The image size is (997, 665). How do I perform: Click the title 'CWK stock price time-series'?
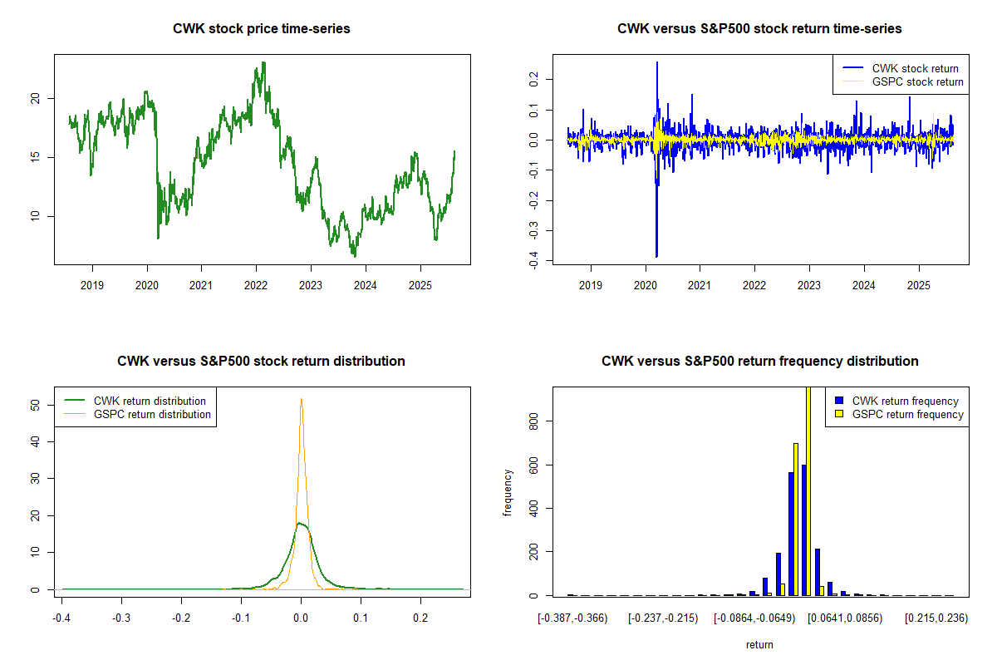pyautogui.click(x=262, y=29)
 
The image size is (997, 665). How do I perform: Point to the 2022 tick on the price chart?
pyautogui.click(x=256, y=284)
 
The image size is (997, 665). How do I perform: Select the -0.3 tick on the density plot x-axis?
pyautogui.click(x=121, y=619)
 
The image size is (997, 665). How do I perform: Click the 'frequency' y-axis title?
pyautogui.click(x=508, y=492)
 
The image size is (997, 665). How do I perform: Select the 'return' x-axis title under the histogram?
pyautogui.click(x=759, y=644)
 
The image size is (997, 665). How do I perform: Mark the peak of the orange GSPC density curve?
pyautogui.click(x=301, y=399)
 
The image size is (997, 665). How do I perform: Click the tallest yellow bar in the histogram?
pyautogui.click(x=808, y=490)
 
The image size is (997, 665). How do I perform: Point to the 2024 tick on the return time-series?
pyautogui.click(x=864, y=284)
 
